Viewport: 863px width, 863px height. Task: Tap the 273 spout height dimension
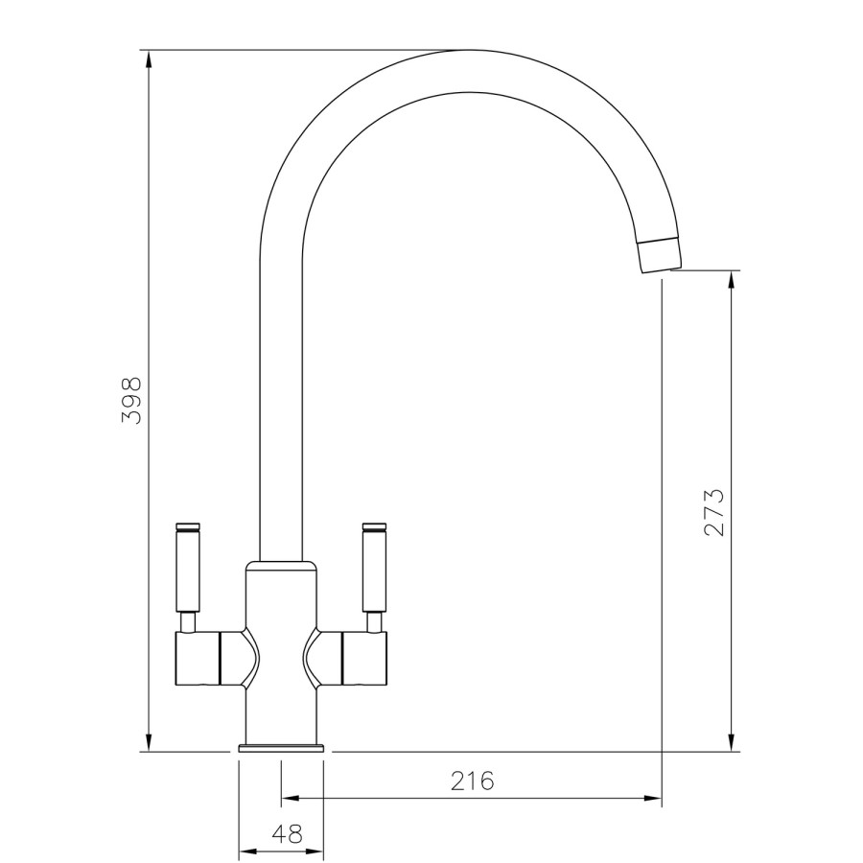coord(713,512)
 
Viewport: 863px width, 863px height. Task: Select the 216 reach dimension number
coord(472,781)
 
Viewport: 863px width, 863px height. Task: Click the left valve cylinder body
coord(199,659)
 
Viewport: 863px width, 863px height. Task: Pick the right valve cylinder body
coord(363,659)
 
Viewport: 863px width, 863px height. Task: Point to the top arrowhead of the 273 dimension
coord(733,281)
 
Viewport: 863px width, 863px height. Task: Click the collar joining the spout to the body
coord(280,563)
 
